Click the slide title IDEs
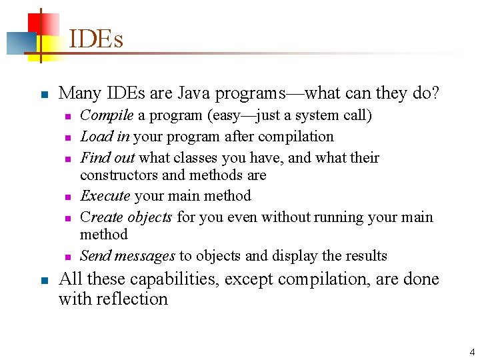(x=96, y=39)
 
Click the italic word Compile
(x=107, y=115)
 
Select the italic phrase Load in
(x=105, y=137)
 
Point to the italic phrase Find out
(x=107, y=158)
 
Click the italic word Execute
(x=105, y=196)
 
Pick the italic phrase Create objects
(x=126, y=217)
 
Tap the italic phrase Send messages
(x=127, y=256)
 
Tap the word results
(x=363, y=256)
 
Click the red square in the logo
(x=39, y=23)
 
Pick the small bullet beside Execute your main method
(x=68, y=197)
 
